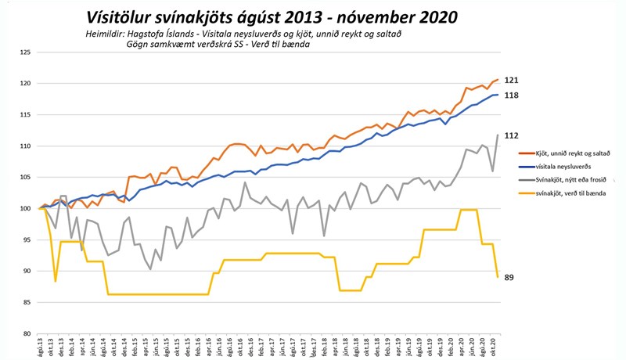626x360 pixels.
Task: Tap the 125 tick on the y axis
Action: pyautogui.click(x=26, y=52)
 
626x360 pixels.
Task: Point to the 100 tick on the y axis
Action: pyautogui.click(x=26, y=208)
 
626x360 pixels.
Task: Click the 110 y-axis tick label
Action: pyautogui.click(x=26, y=146)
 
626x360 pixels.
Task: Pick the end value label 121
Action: pyautogui.click(x=512, y=80)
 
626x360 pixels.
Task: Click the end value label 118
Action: pyautogui.click(x=512, y=95)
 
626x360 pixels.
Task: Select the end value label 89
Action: pyautogui.click(x=509, y=277)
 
